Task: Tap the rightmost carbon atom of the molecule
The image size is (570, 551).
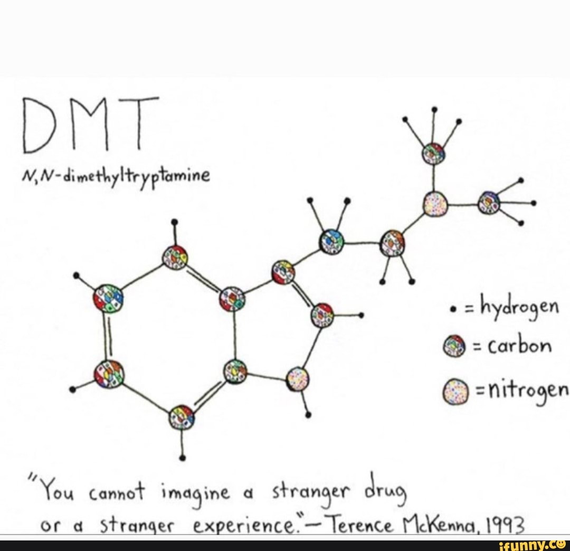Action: (x=489, y=203)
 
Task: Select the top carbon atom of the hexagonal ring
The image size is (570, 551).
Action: (x=175, y=258)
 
